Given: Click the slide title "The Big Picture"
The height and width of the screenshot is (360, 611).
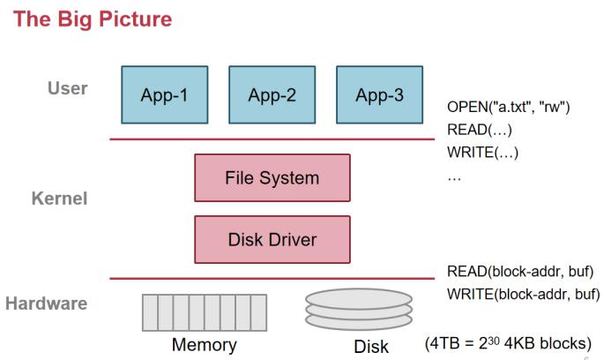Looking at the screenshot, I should (x=91, y=19).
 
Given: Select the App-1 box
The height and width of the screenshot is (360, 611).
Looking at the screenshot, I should (x=164, y=95).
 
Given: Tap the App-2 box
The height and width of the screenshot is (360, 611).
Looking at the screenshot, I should (x=272, y=95).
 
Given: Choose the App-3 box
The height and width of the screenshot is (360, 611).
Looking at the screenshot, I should (x=380, y=95).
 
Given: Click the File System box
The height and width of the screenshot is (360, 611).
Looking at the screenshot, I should (x=272, y=177).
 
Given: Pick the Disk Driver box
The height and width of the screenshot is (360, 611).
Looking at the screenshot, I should (x=272, y=239).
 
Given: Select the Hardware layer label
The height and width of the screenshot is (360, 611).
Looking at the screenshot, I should (x=47, y=304).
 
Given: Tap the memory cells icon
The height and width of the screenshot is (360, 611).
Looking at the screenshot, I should (x=203, y=311).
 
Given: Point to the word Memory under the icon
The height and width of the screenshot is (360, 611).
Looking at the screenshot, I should (x=204, y=344).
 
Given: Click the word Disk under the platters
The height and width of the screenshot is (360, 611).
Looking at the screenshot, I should (x=371, y=347).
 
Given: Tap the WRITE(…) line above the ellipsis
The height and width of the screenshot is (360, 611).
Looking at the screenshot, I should (x=483, y=152).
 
